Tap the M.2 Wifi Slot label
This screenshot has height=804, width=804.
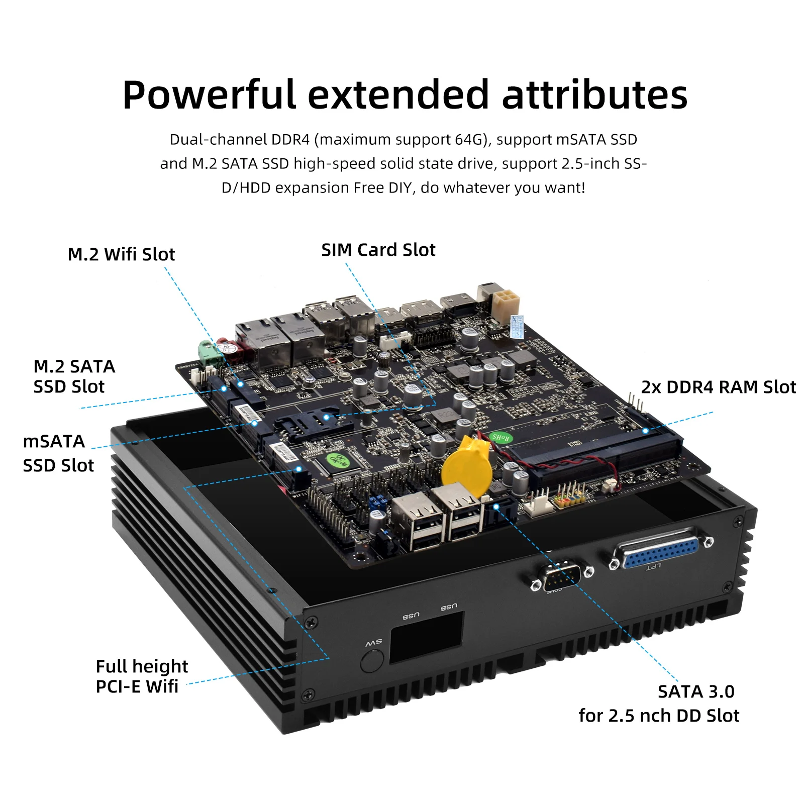click(121, 254)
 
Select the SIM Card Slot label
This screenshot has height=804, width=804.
click(378, 250)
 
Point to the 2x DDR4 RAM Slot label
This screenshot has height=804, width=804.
click(718, 387)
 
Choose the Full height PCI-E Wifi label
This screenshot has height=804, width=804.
click(141, 676)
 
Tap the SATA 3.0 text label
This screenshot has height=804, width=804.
click(696, 692)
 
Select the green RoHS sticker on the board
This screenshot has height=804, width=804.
click(500, 437)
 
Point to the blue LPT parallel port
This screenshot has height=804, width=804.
click(661, 549)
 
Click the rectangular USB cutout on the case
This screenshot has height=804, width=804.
click(426, 637)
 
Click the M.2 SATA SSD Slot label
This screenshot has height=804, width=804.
click(74, 377)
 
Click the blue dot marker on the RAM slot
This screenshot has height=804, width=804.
click(646, 431)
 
